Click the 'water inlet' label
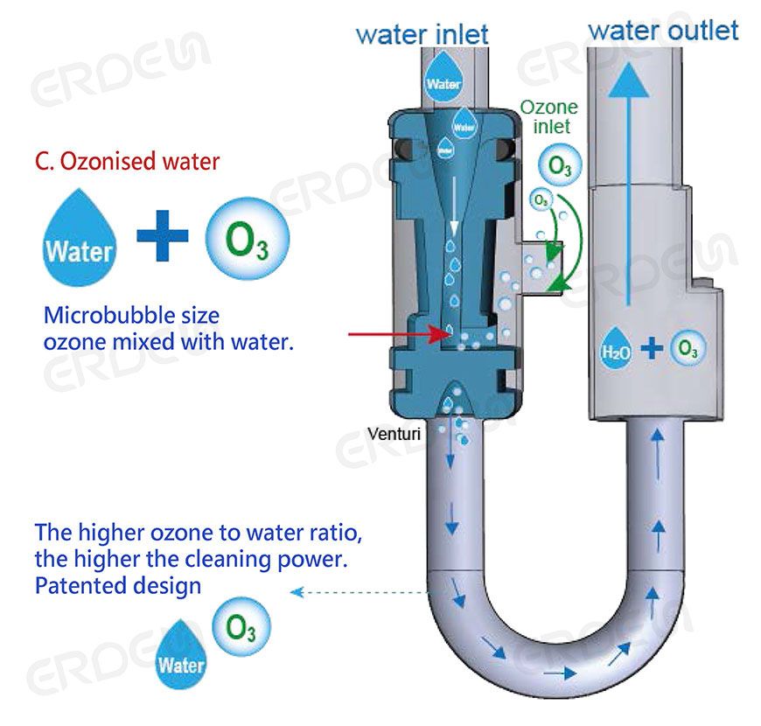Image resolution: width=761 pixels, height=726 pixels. click(x=422, y=35)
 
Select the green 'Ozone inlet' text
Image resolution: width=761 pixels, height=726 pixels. click(x=548, y=116)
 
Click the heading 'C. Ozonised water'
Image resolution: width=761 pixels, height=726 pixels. click(x=127, y=161)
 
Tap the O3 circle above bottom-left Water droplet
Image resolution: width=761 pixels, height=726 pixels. click(x=241, y=626)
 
